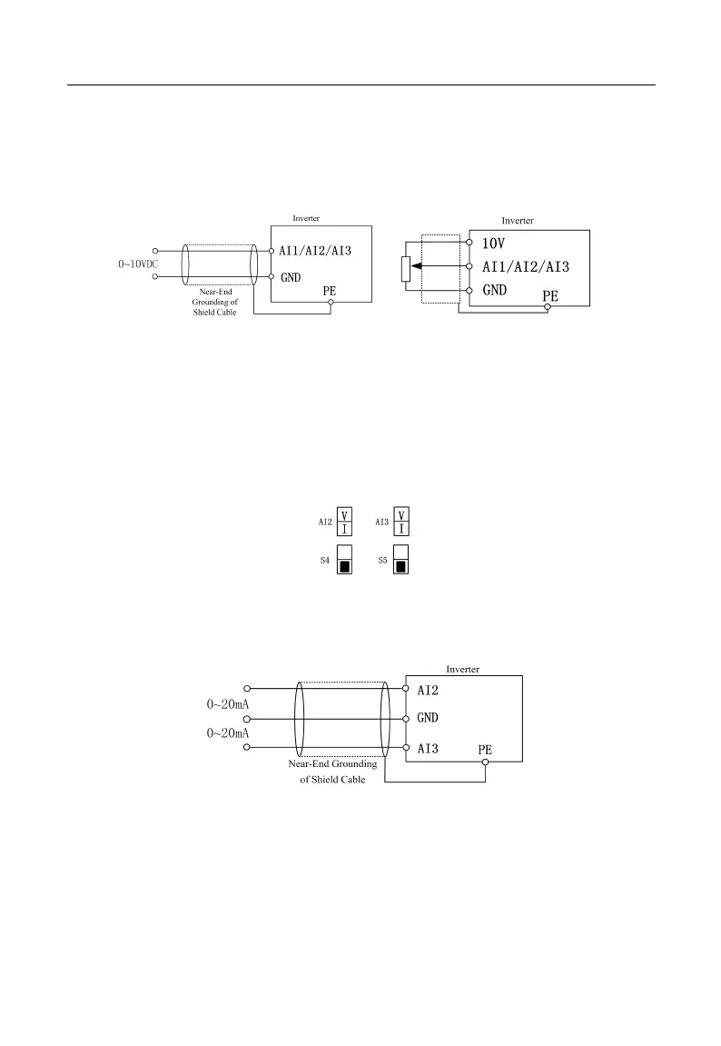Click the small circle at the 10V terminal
coord(469,244)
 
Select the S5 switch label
coord(382,562)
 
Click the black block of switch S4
coord(345,568)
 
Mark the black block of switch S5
coord(400,568)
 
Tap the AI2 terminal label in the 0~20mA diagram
coord(428,691)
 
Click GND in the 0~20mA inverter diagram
coord(429,719)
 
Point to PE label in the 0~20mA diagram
coord(487,750)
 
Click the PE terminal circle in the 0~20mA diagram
coord(486,762)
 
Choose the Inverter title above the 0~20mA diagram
coord(463,669)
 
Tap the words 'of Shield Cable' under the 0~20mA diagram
coord(333,781)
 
